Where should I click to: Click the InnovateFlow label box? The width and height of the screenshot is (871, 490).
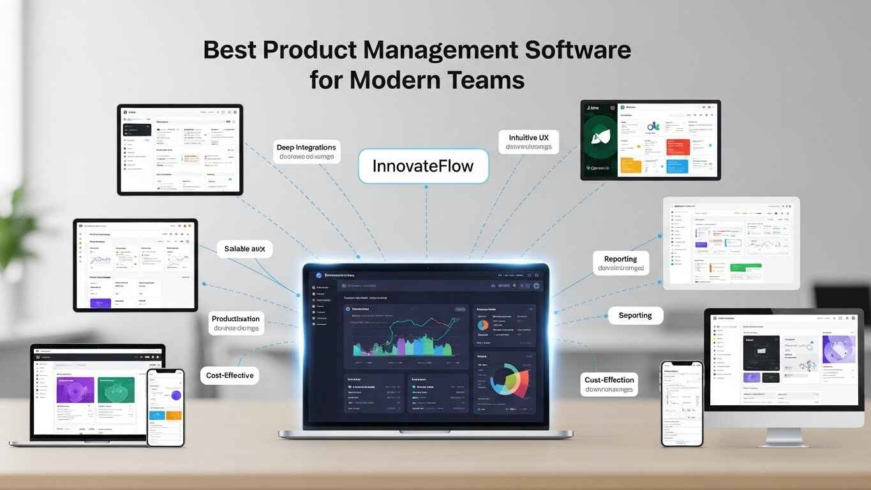[x=423, y=167]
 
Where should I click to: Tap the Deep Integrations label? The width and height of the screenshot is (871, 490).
[x=306, y=152]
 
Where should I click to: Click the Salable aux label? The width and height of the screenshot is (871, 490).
[x=244, y=249]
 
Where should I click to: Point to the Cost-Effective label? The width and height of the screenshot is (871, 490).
[x=230, y=375]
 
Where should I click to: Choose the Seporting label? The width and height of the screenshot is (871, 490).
[x=635, y=315]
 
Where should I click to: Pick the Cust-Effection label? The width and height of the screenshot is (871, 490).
[x=609, y=384]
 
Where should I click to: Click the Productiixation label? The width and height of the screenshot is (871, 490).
[x=235, y=323]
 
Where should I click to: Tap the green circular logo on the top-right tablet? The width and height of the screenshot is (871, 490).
[x=600, y=136]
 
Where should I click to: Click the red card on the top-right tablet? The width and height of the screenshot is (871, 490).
[x=677, y=146]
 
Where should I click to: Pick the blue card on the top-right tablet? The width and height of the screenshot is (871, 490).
[x=677, y=165]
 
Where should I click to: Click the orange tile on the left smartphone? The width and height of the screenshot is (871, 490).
[x=174, y=415]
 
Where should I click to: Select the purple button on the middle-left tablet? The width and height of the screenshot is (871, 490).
[x=101, y=302]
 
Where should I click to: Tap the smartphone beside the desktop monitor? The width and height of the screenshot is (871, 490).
[x=681, y=403]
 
